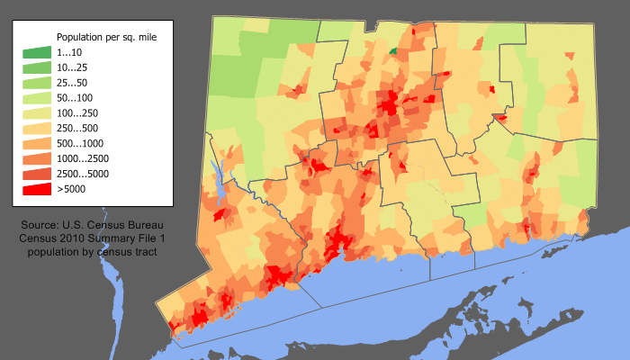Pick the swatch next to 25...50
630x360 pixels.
pyautogui.click(x=37, y=83)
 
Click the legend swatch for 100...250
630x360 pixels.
pyautogui.click(x=37, y=113)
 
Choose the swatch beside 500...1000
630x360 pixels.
pyautogui.click(x=37, y=144)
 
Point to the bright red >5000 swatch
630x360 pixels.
pyautogui.click(x=37, y=190)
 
